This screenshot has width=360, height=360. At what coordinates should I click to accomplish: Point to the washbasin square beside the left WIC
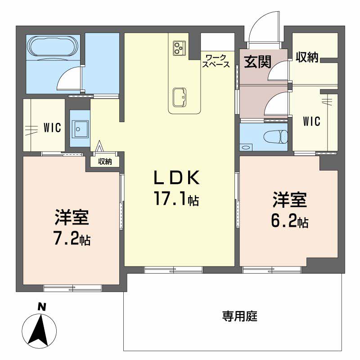pos(80,129)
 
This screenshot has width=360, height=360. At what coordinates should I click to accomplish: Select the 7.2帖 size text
pos(72,238)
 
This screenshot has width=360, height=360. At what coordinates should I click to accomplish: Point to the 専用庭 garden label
pos(239,316)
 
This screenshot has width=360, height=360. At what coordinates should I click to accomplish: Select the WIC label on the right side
pos(311,121)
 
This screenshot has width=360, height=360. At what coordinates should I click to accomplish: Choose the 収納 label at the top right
pos(307,57)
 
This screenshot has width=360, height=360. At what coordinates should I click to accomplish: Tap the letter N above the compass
pos(41,307)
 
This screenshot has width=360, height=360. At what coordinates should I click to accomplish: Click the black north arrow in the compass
pos(40,328)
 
